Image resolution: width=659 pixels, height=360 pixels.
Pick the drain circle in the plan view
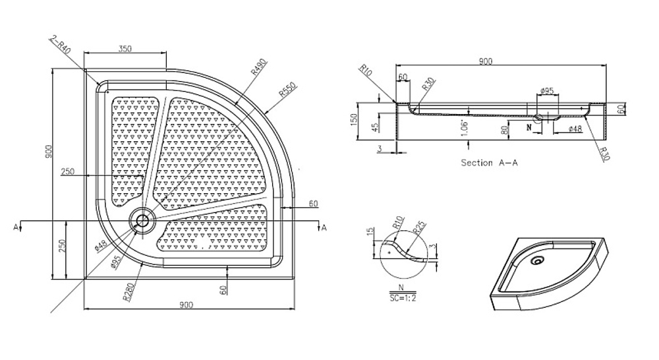pyautogui.click(x=142, y=219)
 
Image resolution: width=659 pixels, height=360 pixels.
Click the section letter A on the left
pyautogui.click(x=14, y=227)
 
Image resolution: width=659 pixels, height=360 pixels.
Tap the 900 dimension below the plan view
pyautogui.click(x=186, y=304)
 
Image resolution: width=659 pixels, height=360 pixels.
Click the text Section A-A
pyautogui.click(x=489, y=162)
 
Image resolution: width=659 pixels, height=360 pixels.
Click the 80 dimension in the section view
pyautogui.click(x=504, y=131)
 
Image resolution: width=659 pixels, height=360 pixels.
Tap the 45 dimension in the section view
pyautogui.click(x=375, y=127)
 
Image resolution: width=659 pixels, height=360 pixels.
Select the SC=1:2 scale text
pyautogui.click(x=402, y=297)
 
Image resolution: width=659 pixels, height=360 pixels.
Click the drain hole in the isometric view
pyautogui.click(x=538, y=261)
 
